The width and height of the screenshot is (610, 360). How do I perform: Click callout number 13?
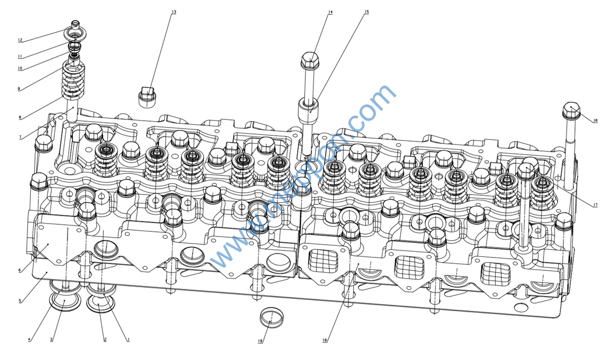click(x=174, y=12)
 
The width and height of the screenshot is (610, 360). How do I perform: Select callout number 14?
click(x=330, y=12)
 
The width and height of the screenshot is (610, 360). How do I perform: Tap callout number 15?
click(x=366, y=12)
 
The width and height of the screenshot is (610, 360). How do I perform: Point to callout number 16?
click(x=595, y=121)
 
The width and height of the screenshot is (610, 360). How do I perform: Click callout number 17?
click(x=595, y=205)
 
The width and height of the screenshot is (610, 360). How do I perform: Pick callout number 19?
click(x=260, y=341)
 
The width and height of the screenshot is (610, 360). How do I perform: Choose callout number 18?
click(x=325, y=340)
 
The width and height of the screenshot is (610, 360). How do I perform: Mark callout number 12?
click(x=20, y=40)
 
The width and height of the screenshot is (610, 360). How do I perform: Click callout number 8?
click(x=20, y=117)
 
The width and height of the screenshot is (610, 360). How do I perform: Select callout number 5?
click(x=20, y=301)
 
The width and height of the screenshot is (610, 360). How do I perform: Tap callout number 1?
click(x=128, y=339)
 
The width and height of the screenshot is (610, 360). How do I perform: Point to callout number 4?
click(x=29, y=339)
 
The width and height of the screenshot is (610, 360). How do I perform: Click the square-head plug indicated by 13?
click(x=149, y=97)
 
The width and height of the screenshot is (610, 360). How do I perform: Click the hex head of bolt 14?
click(x=311, y=59)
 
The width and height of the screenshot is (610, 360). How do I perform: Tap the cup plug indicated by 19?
click(x=270, y=318)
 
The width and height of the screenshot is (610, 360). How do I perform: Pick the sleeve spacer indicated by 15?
click(x=309, y=110)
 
